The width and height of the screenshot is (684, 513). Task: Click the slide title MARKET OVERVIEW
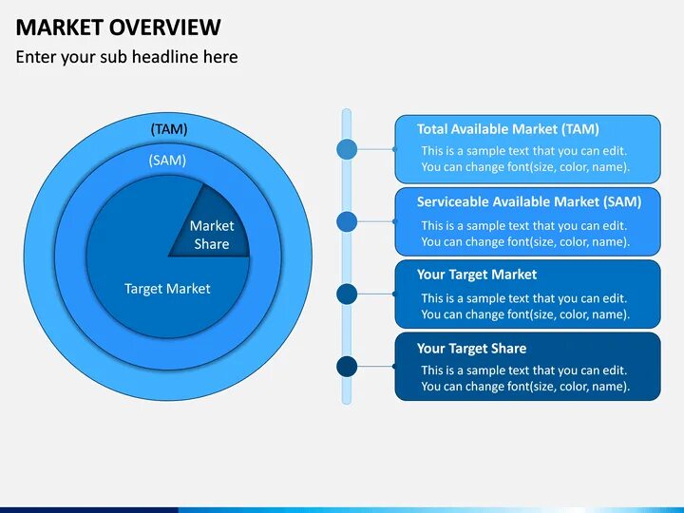(118, 27)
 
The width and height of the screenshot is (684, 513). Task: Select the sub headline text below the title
(126, 57)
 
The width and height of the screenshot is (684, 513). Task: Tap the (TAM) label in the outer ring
(169, 128)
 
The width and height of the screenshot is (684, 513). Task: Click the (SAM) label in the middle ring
(167, 161)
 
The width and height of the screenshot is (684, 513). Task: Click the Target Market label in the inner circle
(167, 289)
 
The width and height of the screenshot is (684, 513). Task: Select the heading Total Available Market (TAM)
(507, 129)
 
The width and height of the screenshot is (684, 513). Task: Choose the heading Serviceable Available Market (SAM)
(528, 201)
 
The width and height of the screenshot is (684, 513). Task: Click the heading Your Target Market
(476, 275)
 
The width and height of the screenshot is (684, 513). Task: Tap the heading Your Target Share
(471, 348)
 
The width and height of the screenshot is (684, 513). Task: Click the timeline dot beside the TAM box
(348, 149)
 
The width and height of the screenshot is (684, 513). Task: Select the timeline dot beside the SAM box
(348, 221)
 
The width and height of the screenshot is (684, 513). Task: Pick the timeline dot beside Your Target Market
(348, 294)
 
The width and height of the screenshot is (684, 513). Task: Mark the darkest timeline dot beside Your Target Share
(348, 367)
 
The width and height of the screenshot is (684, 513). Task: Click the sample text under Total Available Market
(525, 159)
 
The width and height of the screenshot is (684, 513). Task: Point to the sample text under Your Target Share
(525, 378)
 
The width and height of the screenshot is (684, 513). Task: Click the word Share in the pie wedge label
(212, 244)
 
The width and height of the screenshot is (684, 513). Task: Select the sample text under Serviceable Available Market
(525, 234)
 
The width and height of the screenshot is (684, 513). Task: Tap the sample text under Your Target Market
(525, 306)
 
